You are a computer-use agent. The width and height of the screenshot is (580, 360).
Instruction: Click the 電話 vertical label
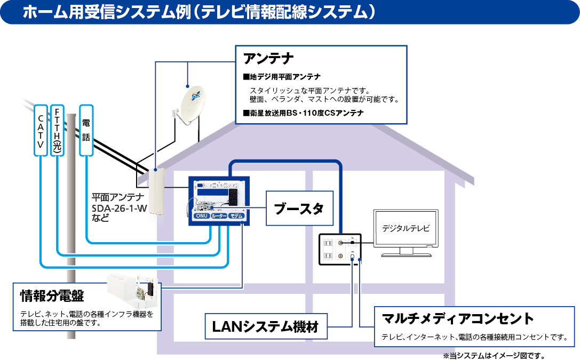[86, 130]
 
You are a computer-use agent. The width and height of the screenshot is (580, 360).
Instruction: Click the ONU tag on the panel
[201, 216]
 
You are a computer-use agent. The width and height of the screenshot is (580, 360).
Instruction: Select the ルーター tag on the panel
[219, 216]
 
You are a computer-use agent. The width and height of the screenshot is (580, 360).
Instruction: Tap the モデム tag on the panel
[236, 216]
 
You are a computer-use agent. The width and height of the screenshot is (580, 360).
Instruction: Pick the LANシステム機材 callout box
[265, 326]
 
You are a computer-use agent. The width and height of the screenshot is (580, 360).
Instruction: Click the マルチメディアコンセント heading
[458, 319]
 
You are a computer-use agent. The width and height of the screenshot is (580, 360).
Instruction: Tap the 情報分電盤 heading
[52, 295]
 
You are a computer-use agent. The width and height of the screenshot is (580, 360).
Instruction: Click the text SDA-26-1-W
[119, 209]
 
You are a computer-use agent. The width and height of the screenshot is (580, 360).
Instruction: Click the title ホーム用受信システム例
[107, 13]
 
